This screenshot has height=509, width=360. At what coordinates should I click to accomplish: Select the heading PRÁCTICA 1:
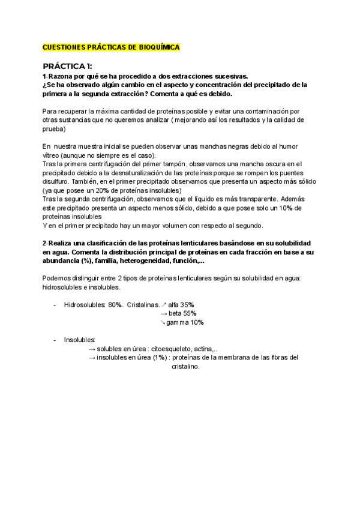coord(68,66)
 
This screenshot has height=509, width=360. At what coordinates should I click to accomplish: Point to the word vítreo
coord(52,155)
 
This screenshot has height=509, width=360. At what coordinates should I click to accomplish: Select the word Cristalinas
coord(143,304)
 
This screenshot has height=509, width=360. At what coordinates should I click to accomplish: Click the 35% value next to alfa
coord(187,304)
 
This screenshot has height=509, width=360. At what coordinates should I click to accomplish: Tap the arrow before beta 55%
coord(164,313)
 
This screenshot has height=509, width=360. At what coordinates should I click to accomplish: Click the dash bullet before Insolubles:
coord(55,340)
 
